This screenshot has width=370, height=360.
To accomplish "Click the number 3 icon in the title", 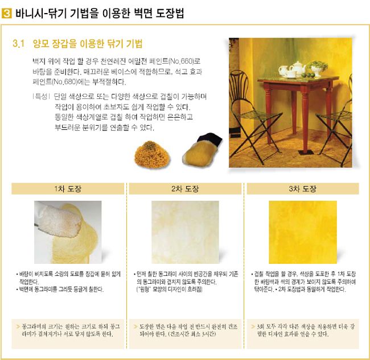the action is click(6, 13).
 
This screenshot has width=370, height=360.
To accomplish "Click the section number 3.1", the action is click(19, 44).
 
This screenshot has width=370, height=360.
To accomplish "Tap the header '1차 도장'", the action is click(68, 189).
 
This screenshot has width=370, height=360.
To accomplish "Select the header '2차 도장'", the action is click(185, 189).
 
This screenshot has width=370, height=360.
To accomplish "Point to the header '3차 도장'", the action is click(302, 189).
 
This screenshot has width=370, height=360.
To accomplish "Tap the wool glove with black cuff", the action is click(202, 150).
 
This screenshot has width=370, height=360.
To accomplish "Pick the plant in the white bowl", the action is click(318, 68).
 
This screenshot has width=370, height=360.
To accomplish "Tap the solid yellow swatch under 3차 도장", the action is click(303, 232).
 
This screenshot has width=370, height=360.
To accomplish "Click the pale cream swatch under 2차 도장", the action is click(185, 232).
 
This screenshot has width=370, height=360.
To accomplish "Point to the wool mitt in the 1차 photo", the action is click(59, 221).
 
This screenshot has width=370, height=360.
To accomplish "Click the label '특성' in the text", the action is click(41, 96).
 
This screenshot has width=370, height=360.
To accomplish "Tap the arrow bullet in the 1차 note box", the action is click(18, 326).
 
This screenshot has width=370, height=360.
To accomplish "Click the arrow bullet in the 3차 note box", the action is click(253, 326).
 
